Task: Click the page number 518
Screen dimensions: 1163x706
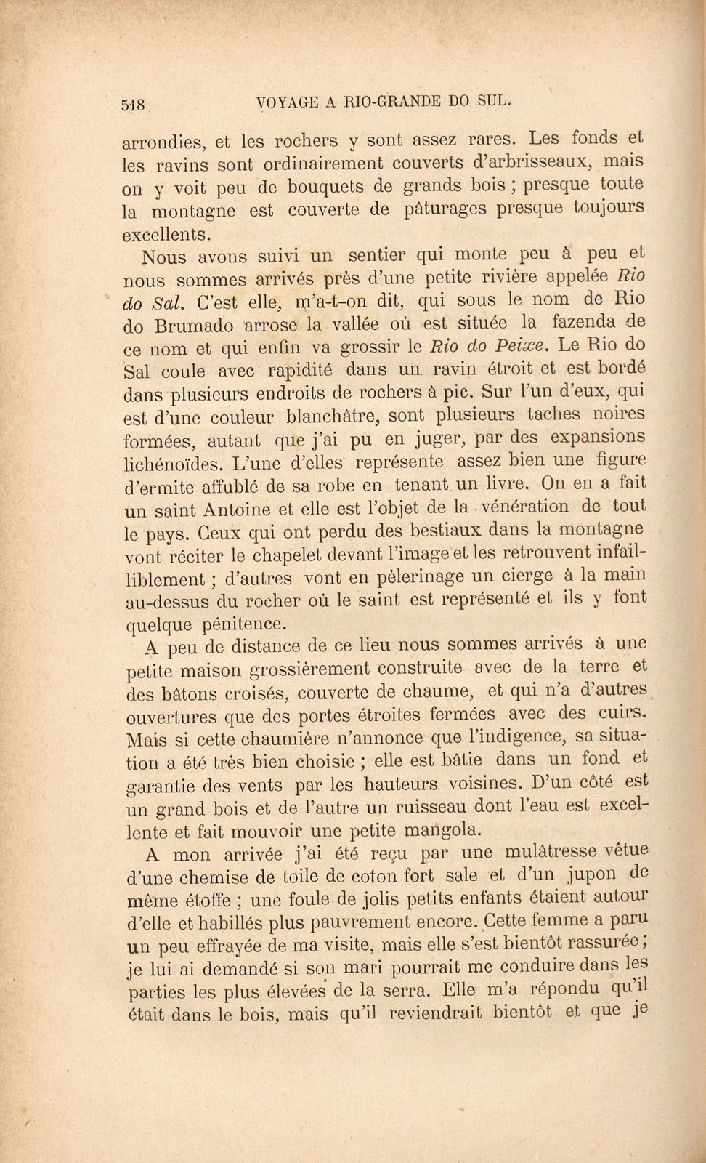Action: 134,105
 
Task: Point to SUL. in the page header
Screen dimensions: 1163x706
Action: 495,102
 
